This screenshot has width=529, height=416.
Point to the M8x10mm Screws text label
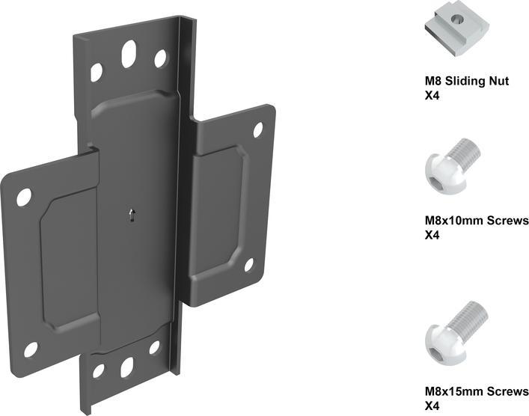point(476,221)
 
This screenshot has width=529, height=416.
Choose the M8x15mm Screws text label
point(476,391)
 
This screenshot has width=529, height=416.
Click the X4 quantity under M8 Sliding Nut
point(432,95)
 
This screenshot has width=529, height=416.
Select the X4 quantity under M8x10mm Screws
point(432,235)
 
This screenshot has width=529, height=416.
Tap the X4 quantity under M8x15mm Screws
point(432,406)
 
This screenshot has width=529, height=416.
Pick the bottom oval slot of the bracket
point(126,366)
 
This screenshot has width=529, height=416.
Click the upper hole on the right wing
point(258,130)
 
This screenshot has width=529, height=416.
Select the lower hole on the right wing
point(249,265)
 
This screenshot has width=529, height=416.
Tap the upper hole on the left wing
point(24,198)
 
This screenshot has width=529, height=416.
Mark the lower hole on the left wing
point(31,349)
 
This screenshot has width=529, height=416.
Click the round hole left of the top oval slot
point(97,73)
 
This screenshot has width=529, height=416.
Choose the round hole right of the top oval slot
point(161,58)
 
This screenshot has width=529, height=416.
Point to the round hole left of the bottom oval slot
point(98,371)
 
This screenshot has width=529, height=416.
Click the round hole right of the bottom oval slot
point(154,347)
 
